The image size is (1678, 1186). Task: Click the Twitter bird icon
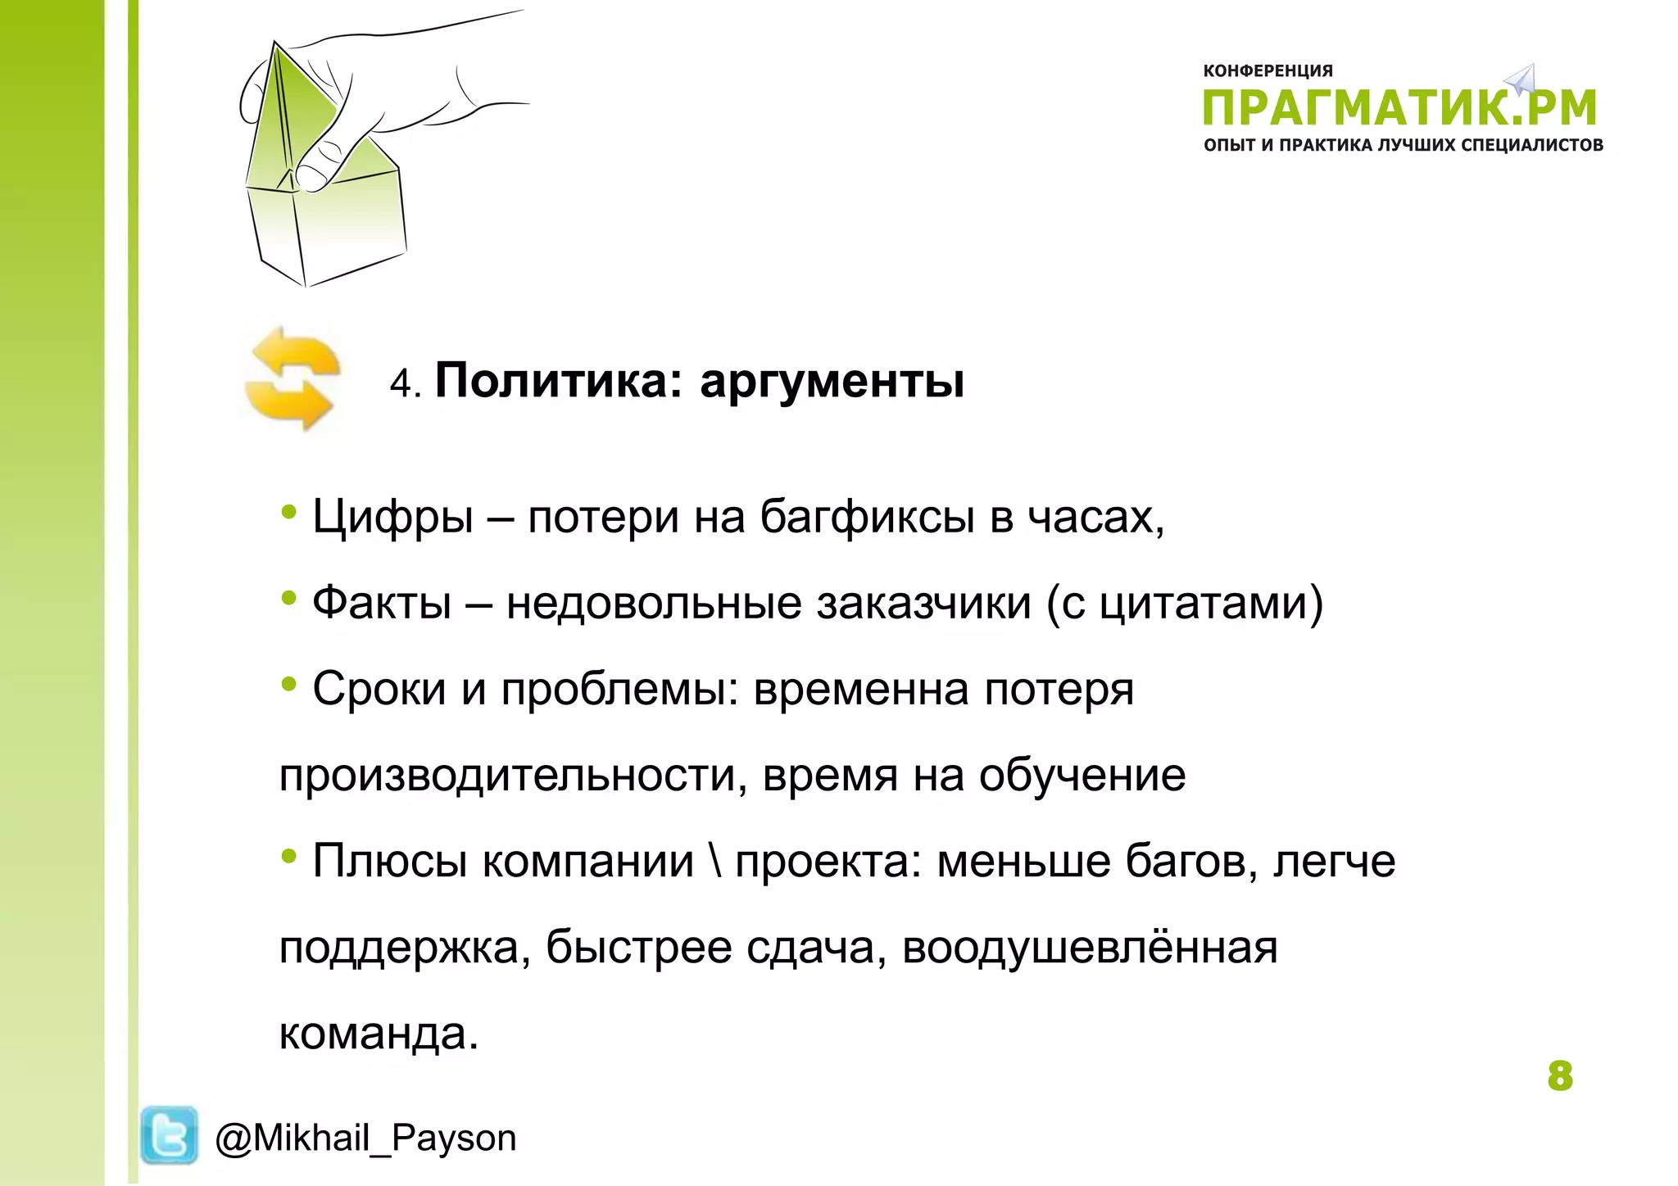[x=169, y=1134]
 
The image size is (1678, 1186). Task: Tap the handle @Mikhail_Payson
[x=365, y=1138]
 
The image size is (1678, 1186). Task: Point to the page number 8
[x=1560, y=1076]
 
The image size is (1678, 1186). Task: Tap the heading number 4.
[x=402, y=383]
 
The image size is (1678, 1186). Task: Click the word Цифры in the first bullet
[x=392, y=518]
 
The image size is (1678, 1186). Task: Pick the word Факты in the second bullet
[x=382, y=604]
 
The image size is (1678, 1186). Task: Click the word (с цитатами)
[x=1185, y=604]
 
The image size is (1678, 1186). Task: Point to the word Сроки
[x=379, y=690]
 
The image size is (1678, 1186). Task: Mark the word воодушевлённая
[x=1090, y=948]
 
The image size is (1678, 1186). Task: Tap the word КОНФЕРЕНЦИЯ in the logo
[x=1268, y=71]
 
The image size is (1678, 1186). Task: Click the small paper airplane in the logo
[x=1522, y=79]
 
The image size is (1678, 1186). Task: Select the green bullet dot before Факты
[x=288, y=599]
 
